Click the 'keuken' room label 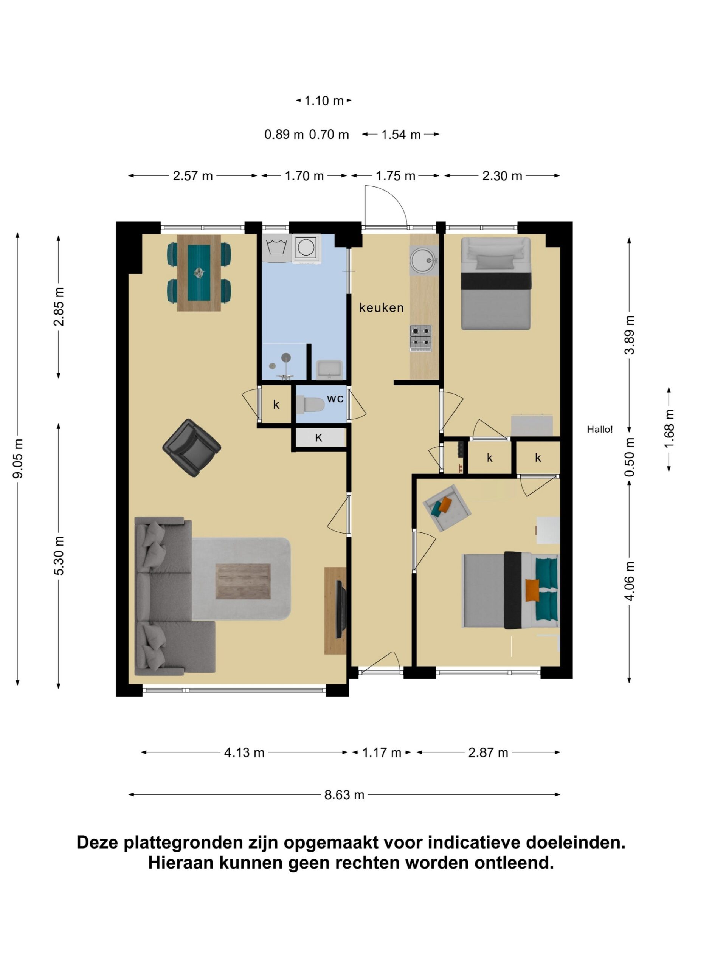pyautogui.click(x=381, y=308)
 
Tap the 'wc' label pyautogui.click(x=335, y=399)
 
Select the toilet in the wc pyautogui.click(x=310, y=404)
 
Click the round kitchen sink pyautogui.click(x=423, y=259)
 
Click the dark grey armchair pyautogui.click(x=192, y=448)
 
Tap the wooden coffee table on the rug pyautogui.click(x=243, y=582)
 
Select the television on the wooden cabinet pyautogui.click(x=340, y=609)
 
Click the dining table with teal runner pyautogui.click(x=199, y=273)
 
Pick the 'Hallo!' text pyautogui.click(x=600, y=429)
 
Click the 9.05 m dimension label pyautogui.click(x=18, y=459)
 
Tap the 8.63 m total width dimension pyautogui.click(x=344, y=794)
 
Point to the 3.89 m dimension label pyautogui.click(x=629, y=334)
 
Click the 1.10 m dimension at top pyautogui.click(x=324, y=101)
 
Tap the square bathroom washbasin pyautogui.click(x=329, y=370)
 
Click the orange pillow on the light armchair pyautogui.click(x=445, y=504)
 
